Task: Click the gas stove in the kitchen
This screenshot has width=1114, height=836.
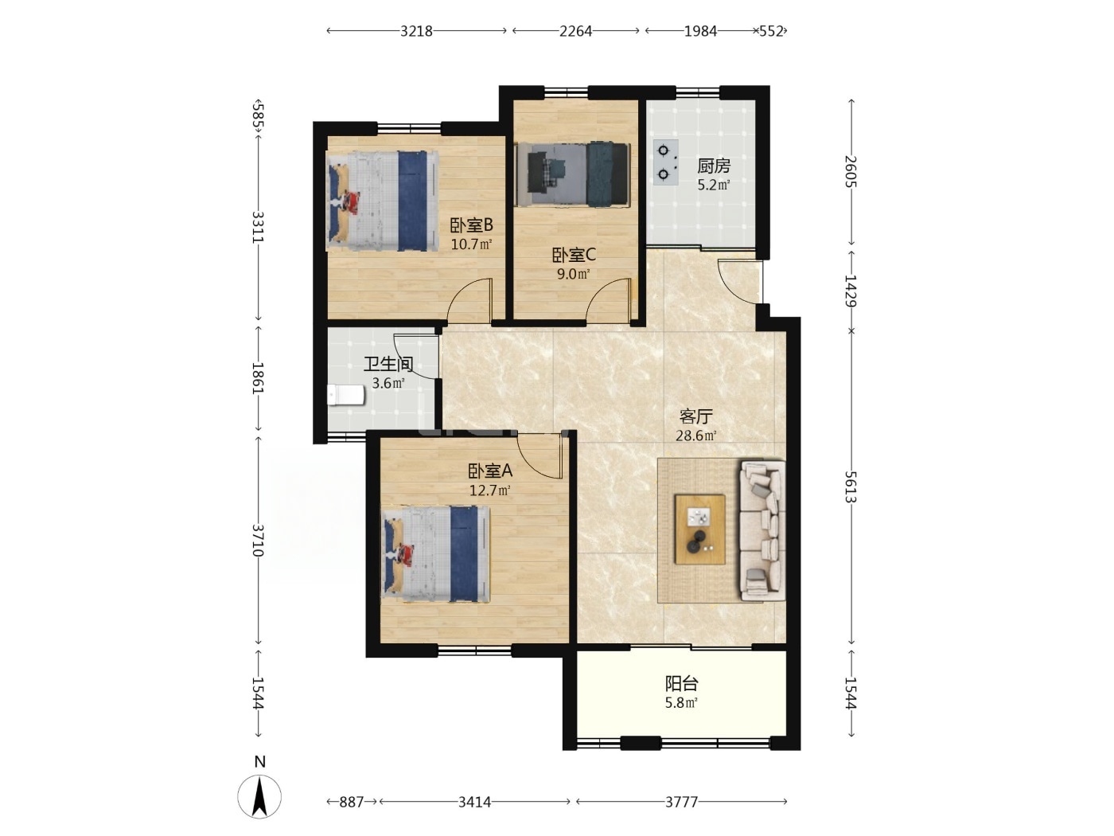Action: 665,162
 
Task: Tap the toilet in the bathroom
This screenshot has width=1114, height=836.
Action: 345,395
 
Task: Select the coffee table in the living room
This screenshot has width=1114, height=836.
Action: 699,529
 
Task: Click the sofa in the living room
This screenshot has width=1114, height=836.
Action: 761,530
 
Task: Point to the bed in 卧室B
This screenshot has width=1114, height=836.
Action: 382,201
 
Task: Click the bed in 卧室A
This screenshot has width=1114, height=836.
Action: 436,554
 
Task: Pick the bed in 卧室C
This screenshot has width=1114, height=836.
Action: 572,174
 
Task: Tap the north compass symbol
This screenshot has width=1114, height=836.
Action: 259,796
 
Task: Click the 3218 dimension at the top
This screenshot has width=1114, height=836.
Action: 416,31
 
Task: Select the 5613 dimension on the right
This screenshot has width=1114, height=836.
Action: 851,486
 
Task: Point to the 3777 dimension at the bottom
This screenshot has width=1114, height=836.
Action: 682,802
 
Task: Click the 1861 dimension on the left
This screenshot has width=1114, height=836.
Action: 259,378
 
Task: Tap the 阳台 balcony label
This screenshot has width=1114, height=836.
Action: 682,684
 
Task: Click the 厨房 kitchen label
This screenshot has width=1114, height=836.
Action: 714,166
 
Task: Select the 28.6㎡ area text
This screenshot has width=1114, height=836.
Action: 695,436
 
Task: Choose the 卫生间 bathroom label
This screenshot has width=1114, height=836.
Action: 388,363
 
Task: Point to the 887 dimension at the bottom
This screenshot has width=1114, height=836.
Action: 352,802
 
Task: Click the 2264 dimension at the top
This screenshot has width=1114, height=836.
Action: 575,31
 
